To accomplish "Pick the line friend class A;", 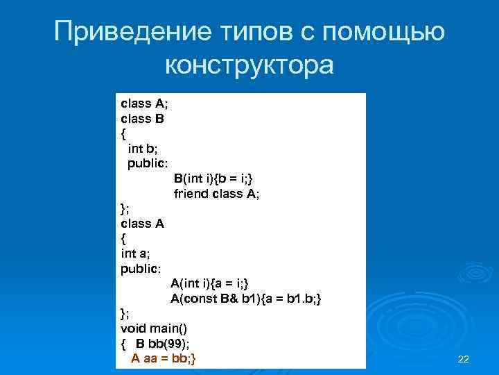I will click(216, 194).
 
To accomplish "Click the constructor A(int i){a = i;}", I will click(213, 283).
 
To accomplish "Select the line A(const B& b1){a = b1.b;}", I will click(246, 299).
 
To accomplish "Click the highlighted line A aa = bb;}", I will click(164, 358).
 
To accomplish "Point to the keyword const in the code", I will click(199, 299).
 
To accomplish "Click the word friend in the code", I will click(190, 194).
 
